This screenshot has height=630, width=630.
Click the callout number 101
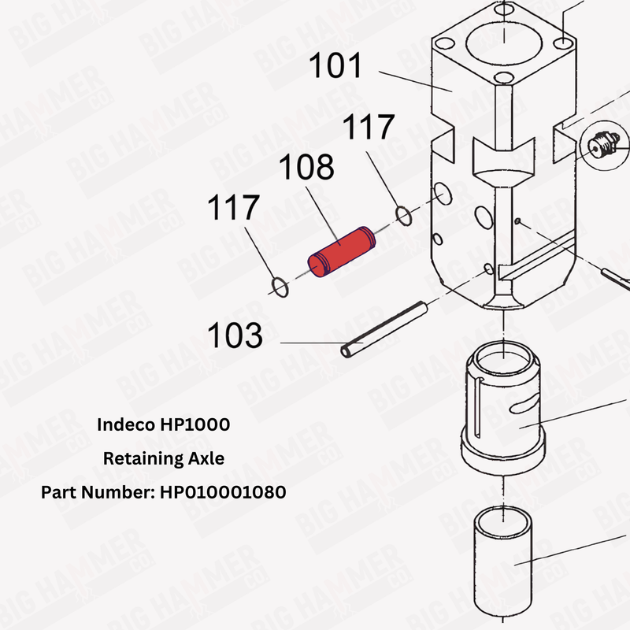click(x=335, y=66)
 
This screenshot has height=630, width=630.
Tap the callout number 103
click(x=235, y=336)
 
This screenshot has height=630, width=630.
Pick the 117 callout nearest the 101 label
click(x=367, y=127)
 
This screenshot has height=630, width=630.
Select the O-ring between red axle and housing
click(x=402, y=214)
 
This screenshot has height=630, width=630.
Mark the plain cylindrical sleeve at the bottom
click(x=504, y=551)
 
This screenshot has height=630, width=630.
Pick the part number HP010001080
click(x=223, y=491)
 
